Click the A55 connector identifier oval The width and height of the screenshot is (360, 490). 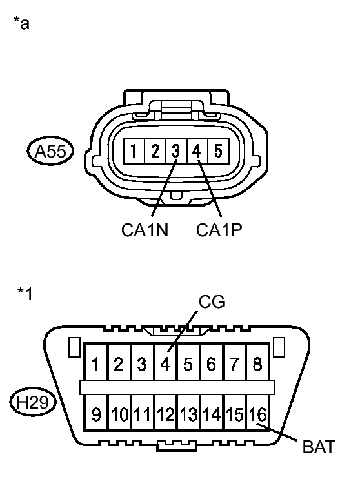[50, 151]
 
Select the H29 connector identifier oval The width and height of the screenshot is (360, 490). [33, 402]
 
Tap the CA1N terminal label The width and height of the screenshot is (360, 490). [145, 230]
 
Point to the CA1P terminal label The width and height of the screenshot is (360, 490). [219, 230]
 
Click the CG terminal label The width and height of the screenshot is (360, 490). [212, 302]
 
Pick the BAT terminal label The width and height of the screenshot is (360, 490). [319, 447]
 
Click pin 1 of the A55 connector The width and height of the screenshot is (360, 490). [134, 151]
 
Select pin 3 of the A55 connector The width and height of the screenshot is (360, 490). [176, 151]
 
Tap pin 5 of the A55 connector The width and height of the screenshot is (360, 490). [219, 151]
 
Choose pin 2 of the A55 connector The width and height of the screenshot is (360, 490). [155, 151]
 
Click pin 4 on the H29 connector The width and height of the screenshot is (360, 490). [165, 363]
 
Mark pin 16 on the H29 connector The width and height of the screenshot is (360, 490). [258, 413]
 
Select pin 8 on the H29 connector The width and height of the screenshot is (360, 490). [258, 363]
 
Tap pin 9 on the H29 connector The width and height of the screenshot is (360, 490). [96, 413]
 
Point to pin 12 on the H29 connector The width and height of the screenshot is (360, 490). [165, 413]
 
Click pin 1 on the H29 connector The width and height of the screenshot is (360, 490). [96, 363]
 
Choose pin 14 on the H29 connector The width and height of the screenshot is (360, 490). [212, 413]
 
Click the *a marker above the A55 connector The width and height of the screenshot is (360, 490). [21, 23]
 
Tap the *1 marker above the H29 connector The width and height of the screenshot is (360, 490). [25, 294]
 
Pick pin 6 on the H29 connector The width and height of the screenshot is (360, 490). [212, 363]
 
